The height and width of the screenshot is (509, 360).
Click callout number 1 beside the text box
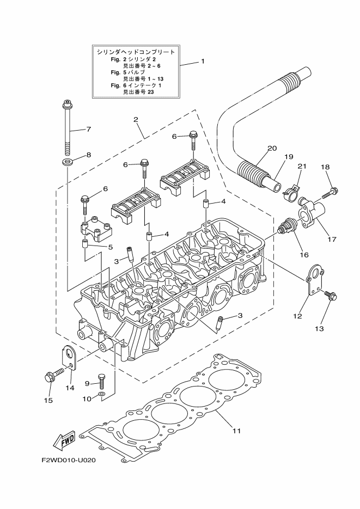(x=202, y=62)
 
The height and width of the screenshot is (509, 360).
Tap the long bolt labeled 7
(x=67, y=128)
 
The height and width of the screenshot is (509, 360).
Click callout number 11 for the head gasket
(x=236, y=431)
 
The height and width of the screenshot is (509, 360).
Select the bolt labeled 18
(x=330, y=192)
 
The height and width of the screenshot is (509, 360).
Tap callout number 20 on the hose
(x=272, y=148)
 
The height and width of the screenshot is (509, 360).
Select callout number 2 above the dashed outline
(x=136, y=119)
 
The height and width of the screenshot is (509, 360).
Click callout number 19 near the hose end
(x=288, y=156)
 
